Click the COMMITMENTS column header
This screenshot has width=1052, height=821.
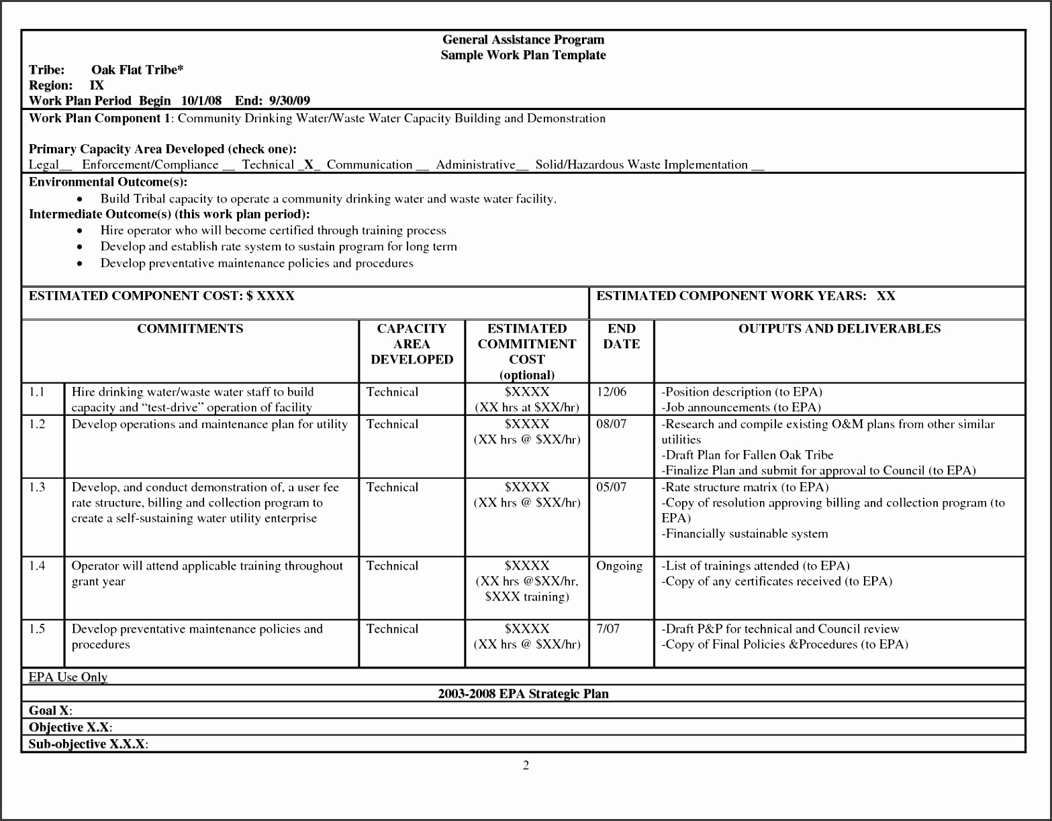pos(190,329)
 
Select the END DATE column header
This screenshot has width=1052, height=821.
pos(621,336)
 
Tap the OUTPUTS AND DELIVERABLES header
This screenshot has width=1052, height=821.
pos(839,329)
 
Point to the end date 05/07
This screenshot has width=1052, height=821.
pos(611,487)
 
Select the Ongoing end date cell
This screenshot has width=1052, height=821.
pos(619,566)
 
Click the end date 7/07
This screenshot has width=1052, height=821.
pos(608,628)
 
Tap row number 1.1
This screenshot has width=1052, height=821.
pos(37,392)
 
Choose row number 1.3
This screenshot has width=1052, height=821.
pos(37,487)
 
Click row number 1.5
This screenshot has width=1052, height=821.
pos(37,628)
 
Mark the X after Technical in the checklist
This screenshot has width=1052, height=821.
pos(309,164)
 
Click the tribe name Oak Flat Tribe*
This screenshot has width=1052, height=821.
pos(138,70)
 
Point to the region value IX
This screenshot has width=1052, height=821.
pos(97,85)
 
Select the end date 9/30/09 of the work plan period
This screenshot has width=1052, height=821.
pos(289,101)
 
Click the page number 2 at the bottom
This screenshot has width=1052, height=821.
pos(526,765)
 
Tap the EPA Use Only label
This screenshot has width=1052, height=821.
pos(68,677)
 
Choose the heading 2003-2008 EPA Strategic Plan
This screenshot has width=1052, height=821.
pos(523,694)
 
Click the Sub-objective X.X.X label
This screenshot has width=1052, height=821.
pos(88,744)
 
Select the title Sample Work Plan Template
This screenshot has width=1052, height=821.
pos(523,55)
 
